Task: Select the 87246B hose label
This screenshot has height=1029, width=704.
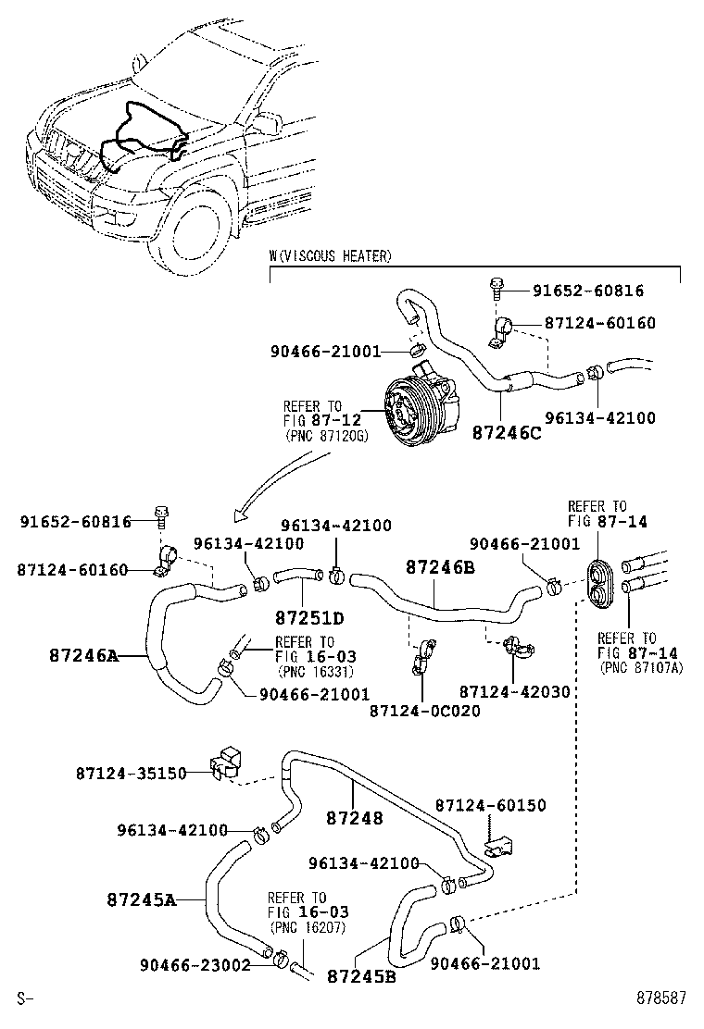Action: (x=440, y=566)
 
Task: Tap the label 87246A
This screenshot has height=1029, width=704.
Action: (x=84, y=655)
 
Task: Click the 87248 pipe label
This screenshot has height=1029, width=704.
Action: (x=354, y=818)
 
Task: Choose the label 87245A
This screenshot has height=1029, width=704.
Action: (x=141, y=899)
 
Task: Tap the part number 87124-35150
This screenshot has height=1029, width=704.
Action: (x=132, y=772)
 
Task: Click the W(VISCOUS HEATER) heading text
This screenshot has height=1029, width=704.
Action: (x=330, y=255)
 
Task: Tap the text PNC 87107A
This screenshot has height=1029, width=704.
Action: (x=640, y=667)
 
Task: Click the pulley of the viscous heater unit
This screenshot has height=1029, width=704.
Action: (x=399, y=414)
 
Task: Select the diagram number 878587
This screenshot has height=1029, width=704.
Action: (x=660, y=998)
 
